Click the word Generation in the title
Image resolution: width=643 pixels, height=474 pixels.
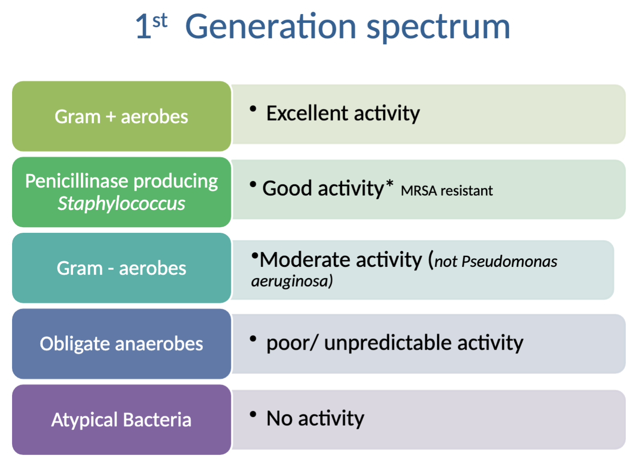coord(270,27)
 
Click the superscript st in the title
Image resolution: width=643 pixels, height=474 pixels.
coord(160,20)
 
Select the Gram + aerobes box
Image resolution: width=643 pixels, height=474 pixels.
coord(121,116)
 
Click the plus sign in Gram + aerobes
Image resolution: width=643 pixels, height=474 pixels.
coord(111,117)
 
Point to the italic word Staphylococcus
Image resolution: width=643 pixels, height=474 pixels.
coord(121,203)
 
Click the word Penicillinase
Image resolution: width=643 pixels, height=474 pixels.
coord(76,181)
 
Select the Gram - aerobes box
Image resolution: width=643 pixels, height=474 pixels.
coord(121,268)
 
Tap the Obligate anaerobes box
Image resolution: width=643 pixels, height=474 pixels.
coord(121,344)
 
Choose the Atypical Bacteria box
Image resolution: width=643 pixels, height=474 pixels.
coord(121,420)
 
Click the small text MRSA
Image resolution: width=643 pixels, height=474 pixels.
coord(419,191)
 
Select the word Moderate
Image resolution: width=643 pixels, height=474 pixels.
coord(341,260)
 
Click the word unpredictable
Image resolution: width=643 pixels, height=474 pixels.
coord(388,343)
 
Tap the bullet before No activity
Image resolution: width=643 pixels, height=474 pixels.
coord(253,414)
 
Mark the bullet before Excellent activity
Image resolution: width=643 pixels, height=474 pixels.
coord(253,109)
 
